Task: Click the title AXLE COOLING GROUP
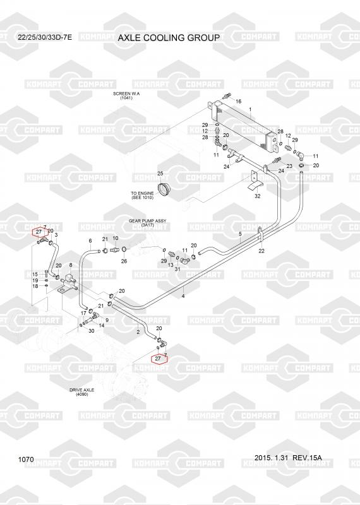coord(169,38)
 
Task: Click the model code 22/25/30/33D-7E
coord(45,37)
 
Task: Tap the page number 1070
coord(26,460)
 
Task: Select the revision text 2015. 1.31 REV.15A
coord(288,458)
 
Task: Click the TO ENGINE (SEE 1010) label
coord(142,195)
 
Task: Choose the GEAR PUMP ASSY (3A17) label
coord(148,223)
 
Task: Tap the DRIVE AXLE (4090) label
coord(82,392)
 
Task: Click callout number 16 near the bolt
coord(239,102)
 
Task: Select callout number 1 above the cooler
coord(250,110)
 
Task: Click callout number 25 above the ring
coord(160,174)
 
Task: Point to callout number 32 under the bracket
coord(258,196)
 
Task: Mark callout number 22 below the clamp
coord(261,251)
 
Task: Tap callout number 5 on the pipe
coord(240,234)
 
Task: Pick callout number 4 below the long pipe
coord(183,296)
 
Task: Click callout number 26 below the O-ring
coord(124,261)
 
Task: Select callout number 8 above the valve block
coord(71,264)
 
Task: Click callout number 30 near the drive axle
coord(91,331)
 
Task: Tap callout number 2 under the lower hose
coord(138,332)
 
